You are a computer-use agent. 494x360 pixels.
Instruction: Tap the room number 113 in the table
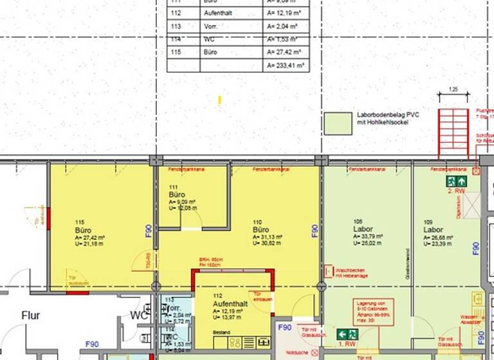click(x=176, y=26)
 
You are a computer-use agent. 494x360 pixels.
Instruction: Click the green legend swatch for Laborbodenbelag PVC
click(x=338, y=123)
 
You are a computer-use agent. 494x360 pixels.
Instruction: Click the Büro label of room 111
click(x=177, y=194)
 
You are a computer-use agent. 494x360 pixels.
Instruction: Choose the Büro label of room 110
click(x=260, y=230)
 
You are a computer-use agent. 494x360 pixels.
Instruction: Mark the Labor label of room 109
click(x=433, y=230)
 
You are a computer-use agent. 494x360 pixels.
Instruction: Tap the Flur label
click(x=31, y=316)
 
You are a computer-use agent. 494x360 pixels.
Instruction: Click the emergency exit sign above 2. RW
click(x=457, y=181)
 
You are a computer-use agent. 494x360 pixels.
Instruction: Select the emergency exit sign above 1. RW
click(x=348, y=334)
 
